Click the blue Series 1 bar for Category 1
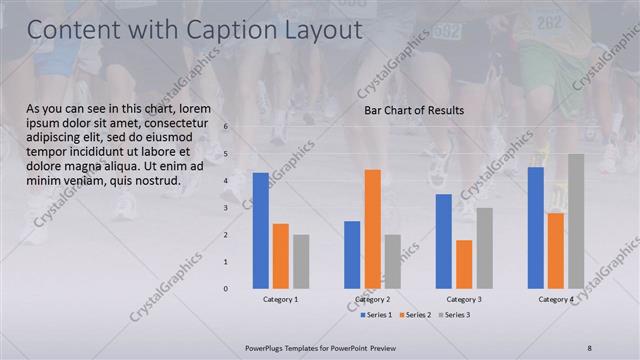pos(260,230)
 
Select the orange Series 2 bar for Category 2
pos(372,228)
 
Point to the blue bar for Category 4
pos(536,227)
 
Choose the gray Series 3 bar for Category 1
pos(301,261)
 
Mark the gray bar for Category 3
pos(484,248)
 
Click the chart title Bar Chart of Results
pos(413,110)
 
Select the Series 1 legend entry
pos(376,315)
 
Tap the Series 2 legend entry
pos(415,315)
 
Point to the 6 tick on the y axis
pos(226,127)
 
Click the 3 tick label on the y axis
pos(226,208)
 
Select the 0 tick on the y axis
pos(226,289)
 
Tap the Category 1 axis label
pos(281,299)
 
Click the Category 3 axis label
pos(464,299)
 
